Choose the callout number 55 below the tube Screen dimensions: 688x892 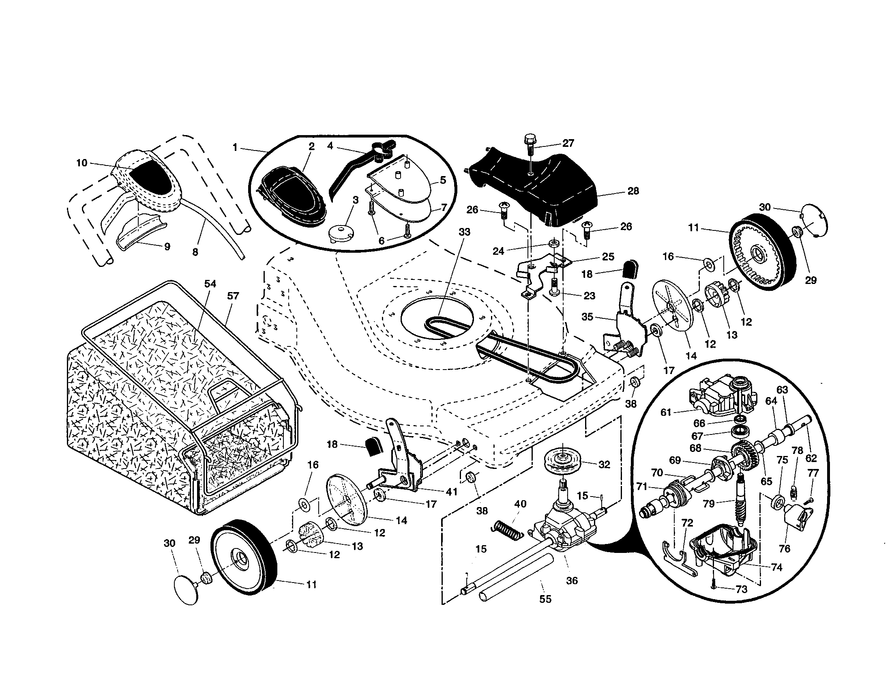click(x=545, y=599)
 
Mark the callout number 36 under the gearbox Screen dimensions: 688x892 click(x=572, y=580)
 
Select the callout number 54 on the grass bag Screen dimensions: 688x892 click(x=210, y=284)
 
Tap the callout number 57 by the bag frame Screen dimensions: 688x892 click(x=233, y=296)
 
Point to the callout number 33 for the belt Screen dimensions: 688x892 click(x=464, y=232)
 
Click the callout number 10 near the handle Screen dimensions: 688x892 click(x=81, y=163)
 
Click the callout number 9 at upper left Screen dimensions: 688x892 click(x=167, y=247)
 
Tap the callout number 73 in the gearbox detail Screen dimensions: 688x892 click(x=741, y=589)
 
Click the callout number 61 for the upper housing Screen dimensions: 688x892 click(x=666, y=412)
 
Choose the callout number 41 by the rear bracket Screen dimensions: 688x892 click(x=451, y=492)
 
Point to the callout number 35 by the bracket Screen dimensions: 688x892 click(x=587, y=317)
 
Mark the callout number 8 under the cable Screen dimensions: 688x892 click(x=195, y=252)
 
